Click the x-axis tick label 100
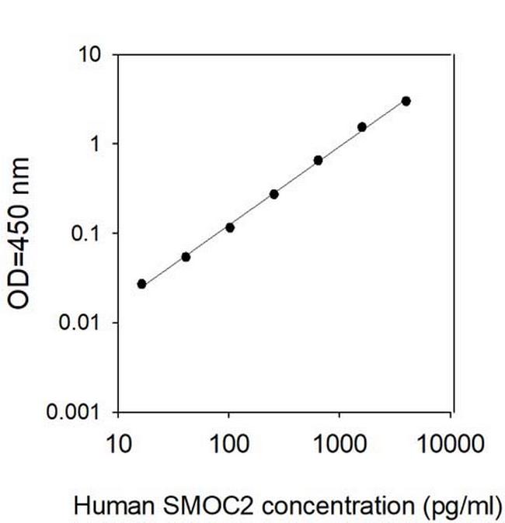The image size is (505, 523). (x=228, y=445)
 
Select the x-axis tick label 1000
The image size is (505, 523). (x=339, y=445)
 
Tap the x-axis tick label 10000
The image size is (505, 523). (x=449, y=445)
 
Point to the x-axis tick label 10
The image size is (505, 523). (x=118, y=445)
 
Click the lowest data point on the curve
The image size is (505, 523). (x=141, y=284)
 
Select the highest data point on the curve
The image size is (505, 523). (x=406, y=101)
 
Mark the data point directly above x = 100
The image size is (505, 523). (x=230, y=227)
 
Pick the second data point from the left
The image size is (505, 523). (x=186, y=257)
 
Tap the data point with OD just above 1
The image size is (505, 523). (x=362, y=126)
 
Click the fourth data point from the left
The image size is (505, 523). (x=273, y=194)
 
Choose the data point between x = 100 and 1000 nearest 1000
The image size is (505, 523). (x=318, y=160)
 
